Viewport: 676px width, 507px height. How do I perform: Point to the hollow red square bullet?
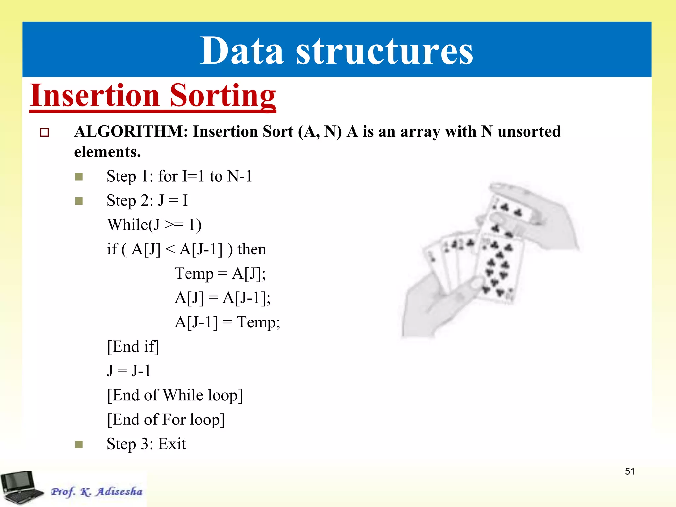[x=44, y=133]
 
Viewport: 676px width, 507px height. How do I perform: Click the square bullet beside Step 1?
[x=79, y=177]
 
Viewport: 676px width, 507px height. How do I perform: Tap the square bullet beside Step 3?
[x=79, y=444]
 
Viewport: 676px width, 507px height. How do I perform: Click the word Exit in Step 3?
[x=172, y=444]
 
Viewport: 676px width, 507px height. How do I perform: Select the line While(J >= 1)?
[x=154, y=225]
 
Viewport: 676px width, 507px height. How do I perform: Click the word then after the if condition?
[x=252, y=249]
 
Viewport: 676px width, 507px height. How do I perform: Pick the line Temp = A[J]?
[x=220, y=274]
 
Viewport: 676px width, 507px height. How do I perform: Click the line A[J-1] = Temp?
[x=227, y=322]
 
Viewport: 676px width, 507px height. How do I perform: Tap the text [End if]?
[x=133, y=347]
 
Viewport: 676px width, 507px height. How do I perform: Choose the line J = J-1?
[x=129, y=371]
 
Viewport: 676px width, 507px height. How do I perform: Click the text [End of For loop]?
[x=166, y=420]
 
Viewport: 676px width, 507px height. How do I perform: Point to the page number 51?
[x=630, y=471]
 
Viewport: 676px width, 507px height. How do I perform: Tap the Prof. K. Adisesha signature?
[x=96, y=491]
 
